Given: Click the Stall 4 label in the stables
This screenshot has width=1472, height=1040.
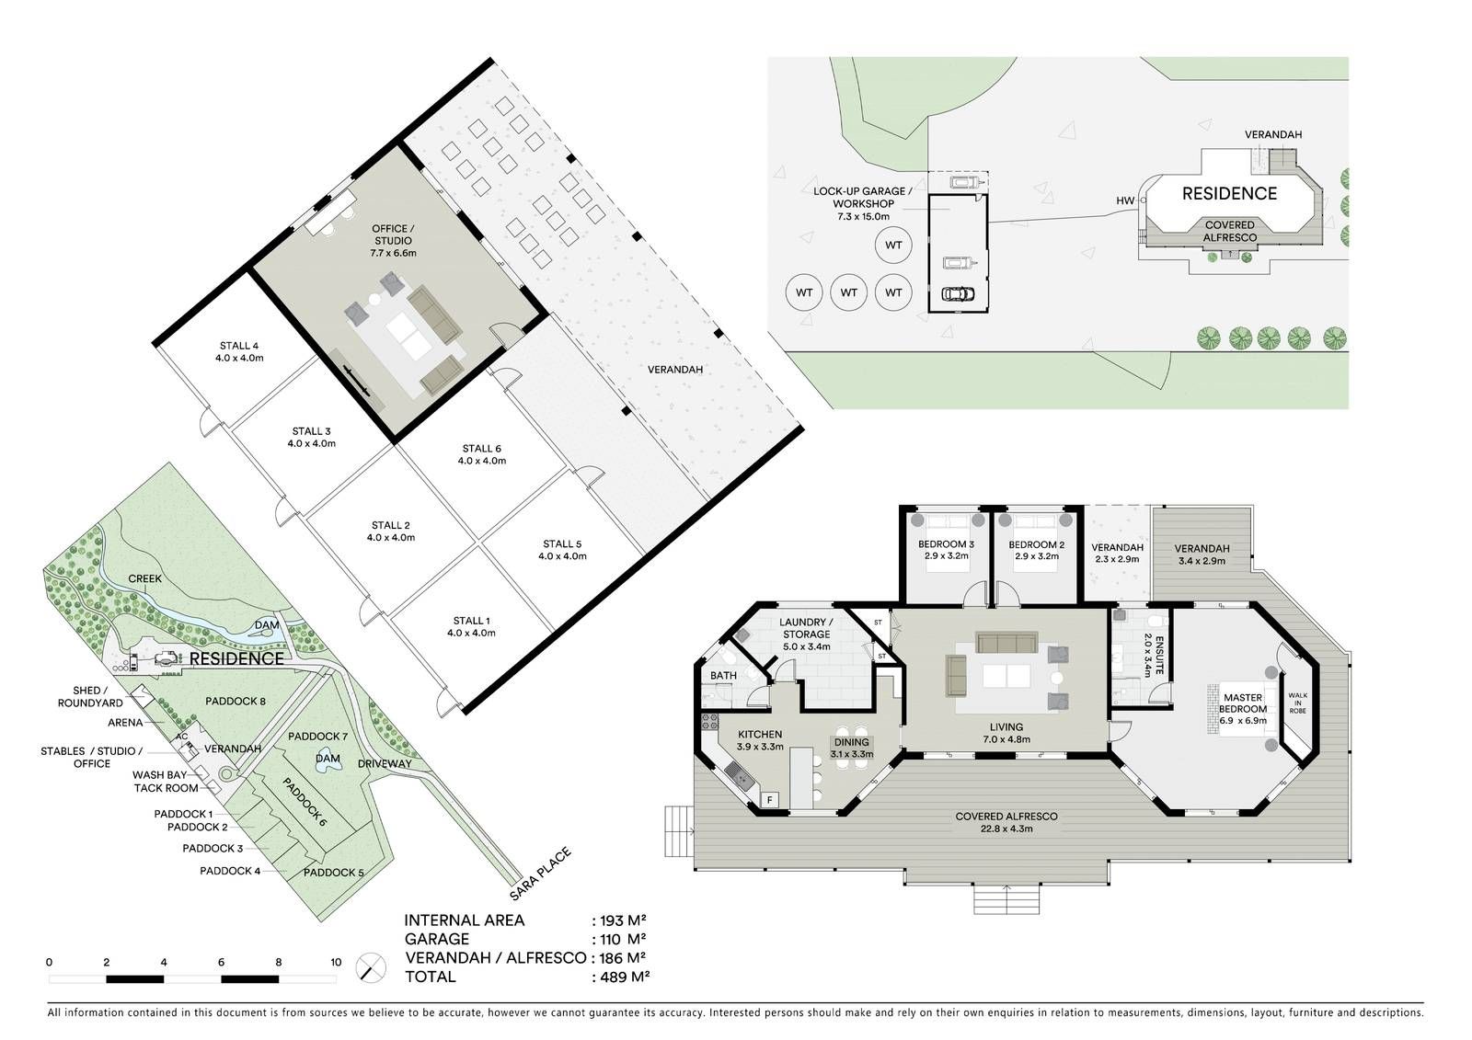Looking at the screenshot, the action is (239, 351).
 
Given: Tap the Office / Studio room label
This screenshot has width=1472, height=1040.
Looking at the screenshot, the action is (393, 240).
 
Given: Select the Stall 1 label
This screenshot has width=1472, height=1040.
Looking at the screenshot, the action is (471, 627).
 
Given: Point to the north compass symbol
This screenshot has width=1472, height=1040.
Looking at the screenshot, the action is (371, 967).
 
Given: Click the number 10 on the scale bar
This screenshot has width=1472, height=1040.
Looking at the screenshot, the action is (336, 962).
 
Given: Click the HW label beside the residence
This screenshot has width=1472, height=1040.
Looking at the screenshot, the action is (1125, 200).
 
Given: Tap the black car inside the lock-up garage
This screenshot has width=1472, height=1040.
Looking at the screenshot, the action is (958, 293).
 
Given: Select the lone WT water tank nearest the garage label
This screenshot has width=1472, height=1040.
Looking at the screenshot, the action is (893, 245).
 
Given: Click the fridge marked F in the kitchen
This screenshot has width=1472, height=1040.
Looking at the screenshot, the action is (769, 800).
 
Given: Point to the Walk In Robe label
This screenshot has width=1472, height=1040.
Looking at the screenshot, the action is (1297, 703).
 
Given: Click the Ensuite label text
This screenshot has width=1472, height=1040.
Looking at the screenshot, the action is (1159, 655).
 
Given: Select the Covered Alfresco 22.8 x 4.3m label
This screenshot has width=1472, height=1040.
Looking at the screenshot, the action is (1006, 822).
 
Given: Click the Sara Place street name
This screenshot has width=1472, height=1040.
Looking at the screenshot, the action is (540, 874).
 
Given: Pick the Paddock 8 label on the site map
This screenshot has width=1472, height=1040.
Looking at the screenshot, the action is (236, 701).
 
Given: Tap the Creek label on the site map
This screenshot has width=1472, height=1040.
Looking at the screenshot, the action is (144, 578).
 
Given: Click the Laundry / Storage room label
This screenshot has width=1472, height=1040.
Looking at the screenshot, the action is (806, 634).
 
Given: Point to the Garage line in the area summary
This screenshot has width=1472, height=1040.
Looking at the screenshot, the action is (525, 939).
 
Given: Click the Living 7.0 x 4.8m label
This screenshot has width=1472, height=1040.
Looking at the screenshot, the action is (1006, 733).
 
